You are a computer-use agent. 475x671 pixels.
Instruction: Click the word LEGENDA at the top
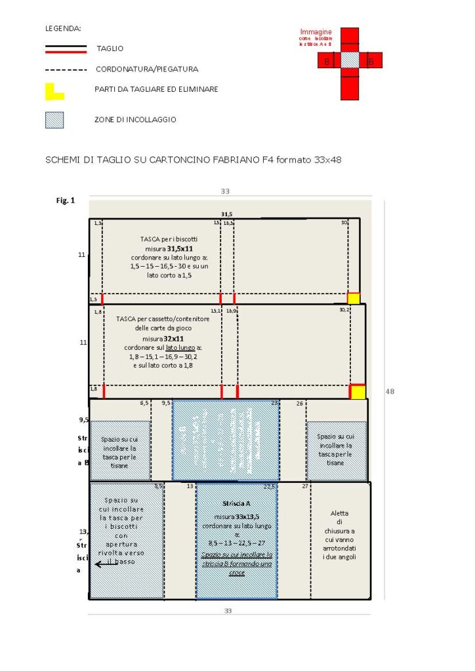(x=63, y=29)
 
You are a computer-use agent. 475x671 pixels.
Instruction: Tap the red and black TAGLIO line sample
(x=66, y=48)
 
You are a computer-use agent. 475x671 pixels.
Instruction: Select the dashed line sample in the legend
(x=66, y=69)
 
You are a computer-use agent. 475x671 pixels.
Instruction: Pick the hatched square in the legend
(x=54, y=120)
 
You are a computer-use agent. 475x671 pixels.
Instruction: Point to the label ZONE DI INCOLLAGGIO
(x=136, y=120)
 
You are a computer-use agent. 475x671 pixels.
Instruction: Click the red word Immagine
(x=316, y=32)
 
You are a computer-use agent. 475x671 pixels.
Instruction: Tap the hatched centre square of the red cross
(x=350, y=61)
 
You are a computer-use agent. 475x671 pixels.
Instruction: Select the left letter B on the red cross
(x=327, y=62)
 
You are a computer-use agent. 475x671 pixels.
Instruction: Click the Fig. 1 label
(x=66, y=201)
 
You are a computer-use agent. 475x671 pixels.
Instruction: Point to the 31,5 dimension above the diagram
(x=227, y=214)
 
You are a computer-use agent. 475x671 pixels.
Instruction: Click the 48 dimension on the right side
(x=390, y=391)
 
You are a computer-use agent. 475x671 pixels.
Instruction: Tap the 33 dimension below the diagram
(x=228, y=611)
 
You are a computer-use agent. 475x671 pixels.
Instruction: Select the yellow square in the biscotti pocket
(x=354, y=299)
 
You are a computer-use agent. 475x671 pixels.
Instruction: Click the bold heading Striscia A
(x=236, y=503)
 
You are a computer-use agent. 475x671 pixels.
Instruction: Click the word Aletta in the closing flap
(x=339, y=514)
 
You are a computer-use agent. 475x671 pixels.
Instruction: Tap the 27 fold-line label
(x=305, y=486)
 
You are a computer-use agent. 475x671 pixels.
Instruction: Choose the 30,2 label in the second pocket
(x=344, y=309)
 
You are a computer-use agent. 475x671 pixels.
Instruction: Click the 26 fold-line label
(x=299, y=403)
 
